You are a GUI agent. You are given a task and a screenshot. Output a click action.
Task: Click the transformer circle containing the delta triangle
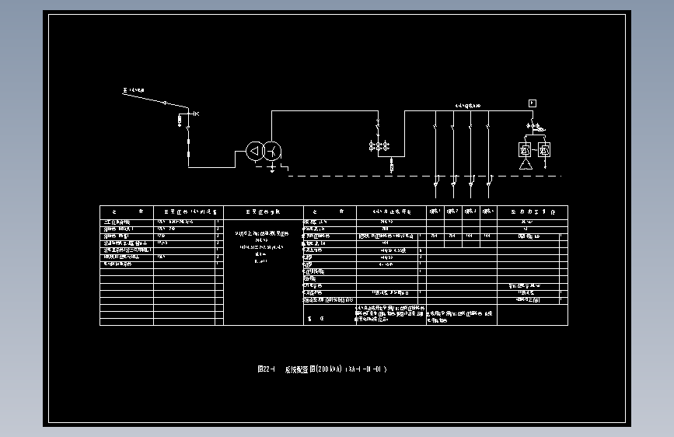click(255, 152)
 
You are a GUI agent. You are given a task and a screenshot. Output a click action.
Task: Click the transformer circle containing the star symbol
click(271, 152)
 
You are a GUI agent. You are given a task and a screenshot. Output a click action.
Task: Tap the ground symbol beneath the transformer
click(271, 168)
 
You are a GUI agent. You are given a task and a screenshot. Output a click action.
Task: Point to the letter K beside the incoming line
click(196, 114)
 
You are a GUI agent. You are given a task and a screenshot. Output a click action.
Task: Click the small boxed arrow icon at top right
click(533, 103)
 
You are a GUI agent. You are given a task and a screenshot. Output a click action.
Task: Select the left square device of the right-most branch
click(526, 149)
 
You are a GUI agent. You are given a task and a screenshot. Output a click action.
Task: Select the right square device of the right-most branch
click(544, 149)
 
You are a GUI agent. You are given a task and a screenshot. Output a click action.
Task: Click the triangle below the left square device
click(526, 165)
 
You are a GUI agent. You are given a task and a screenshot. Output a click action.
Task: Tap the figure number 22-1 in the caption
click(267, 369)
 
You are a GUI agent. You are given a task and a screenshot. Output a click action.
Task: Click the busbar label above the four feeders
click(467, 105)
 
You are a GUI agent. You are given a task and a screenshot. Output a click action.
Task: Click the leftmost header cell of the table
click(127, 211)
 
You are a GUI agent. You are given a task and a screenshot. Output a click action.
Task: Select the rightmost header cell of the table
click(532, 211)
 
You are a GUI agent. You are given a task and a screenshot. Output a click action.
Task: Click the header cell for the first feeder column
click(435, 211)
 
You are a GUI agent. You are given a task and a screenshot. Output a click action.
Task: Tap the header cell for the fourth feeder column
click(487, 211)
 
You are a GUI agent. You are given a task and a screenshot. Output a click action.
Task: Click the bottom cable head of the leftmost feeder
click(435, 183)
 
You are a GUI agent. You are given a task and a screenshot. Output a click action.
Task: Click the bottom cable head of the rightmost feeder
click(487, 183)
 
